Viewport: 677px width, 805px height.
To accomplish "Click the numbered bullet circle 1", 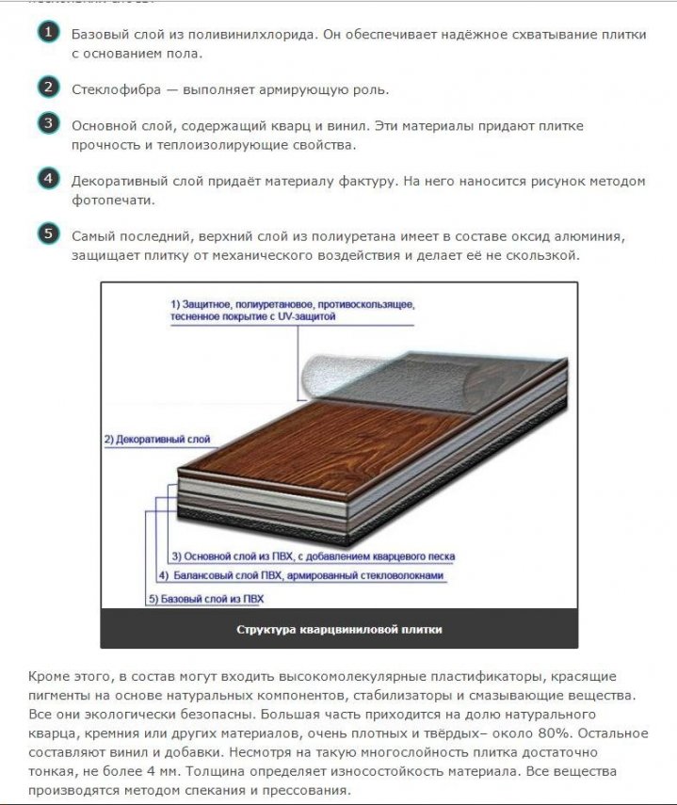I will (48, 34).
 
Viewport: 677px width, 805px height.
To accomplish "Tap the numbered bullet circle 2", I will (48, 89).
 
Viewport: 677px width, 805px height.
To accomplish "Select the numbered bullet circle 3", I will (48, 124).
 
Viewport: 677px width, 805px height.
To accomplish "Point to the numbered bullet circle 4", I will (48, 179).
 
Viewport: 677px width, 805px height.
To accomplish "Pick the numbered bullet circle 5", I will (48, 233).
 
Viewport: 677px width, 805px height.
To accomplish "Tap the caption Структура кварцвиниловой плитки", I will (339, 629).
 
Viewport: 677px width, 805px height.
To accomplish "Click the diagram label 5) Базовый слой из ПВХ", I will (206, 599).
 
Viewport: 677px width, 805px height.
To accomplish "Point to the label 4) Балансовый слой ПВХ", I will (300, 574).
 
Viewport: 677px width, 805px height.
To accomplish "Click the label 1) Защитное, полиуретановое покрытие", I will (292, 312).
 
